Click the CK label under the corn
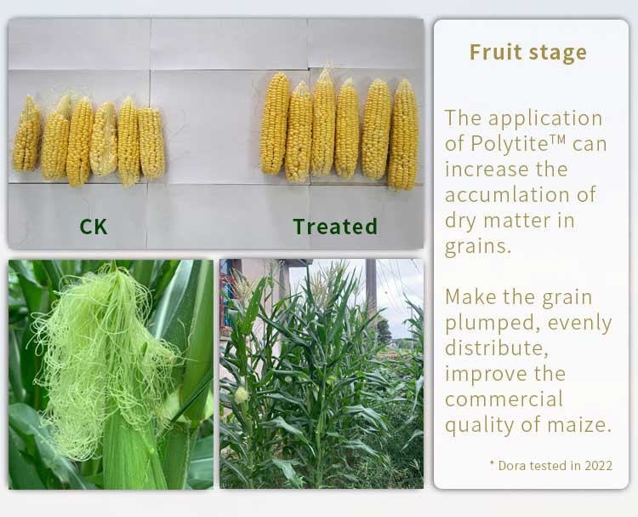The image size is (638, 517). (x=94, y=227)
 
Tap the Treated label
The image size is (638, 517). (x=335, y=227)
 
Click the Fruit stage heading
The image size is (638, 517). (x=528, y=53)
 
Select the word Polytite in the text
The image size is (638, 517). (x=505, y=143)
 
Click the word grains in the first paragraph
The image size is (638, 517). (x=478, y=246)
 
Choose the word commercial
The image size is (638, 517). (x=504, y=399)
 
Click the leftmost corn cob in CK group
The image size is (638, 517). (x=27, y=133)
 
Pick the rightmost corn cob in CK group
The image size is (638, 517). (x=151, y=142)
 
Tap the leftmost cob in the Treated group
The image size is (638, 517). (x=275, y=123)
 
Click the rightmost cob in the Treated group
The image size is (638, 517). (x=403, y=134)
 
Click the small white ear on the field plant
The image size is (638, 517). (x=241, y=395)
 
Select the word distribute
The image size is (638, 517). (x=496, y=348)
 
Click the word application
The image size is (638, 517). (x=545, y=119)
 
